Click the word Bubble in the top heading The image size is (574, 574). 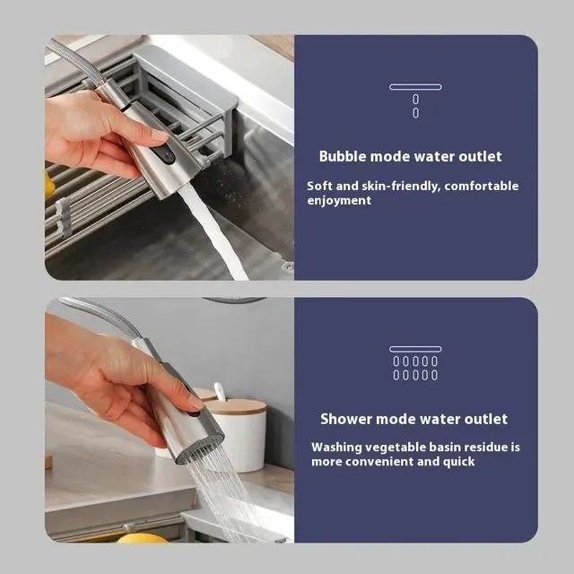click(343, 156)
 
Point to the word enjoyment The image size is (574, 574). click(339, 201)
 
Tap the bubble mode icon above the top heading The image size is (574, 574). click(415, 100)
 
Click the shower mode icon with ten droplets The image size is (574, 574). click(415, 363)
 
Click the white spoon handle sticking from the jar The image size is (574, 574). click(219, 391)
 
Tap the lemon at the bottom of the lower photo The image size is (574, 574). click(142, 538)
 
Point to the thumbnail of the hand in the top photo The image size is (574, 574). click(160, 135)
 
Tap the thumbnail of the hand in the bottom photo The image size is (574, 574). click(195, 402)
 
